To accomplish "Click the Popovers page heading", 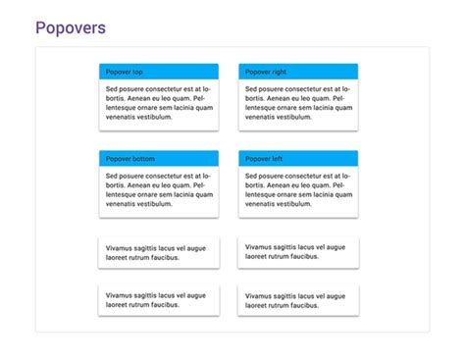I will tap(71, 27).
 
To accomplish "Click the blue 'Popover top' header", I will tap(159, 72).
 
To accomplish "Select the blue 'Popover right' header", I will tap(298, 72).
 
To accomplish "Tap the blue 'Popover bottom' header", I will tap(159, 159).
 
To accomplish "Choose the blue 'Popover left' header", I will tap(298, 159).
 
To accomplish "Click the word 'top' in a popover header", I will tap(137, 72).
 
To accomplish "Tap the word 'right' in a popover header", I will tap(279, 72).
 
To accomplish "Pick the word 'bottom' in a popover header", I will tap(143, 159).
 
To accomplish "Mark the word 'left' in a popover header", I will tap(277, 159).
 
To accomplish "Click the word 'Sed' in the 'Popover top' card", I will tap(112, 89).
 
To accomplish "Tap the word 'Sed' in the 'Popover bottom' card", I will tap(112, 177).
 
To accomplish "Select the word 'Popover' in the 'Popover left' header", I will tap(257, 159).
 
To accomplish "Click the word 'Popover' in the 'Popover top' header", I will tap(118, 72).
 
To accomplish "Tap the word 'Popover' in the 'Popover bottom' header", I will tap(118, 159).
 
